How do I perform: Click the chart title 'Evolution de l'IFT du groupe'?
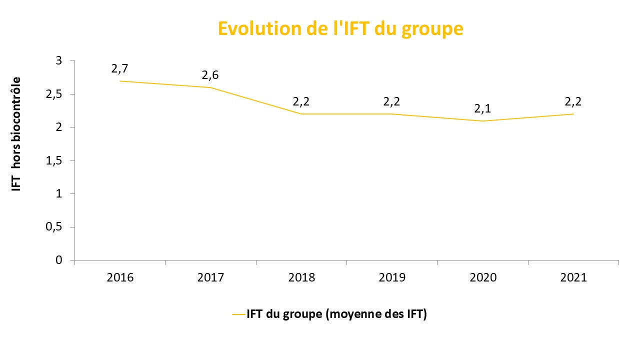tap(340, 28)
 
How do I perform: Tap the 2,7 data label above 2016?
tap(120, 68)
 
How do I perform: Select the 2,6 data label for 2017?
tap(210, 75)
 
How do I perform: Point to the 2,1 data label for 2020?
tap(482, 108)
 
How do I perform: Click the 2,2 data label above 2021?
tap(573, 101)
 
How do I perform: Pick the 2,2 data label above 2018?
tap(301, 101)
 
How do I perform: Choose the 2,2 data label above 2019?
tap(392, 101)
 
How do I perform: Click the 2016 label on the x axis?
tap(120, 277)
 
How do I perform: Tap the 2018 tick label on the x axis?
tap(301, 277)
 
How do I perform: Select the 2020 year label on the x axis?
tap(482, 277)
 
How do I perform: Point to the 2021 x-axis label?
tap(573, 277)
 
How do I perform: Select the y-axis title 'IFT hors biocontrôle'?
tap(16, 133)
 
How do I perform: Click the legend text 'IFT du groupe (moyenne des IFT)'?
tap(336, 314)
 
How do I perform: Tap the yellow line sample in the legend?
tap(238, 314)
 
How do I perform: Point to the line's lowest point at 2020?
tap(482, 121)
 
